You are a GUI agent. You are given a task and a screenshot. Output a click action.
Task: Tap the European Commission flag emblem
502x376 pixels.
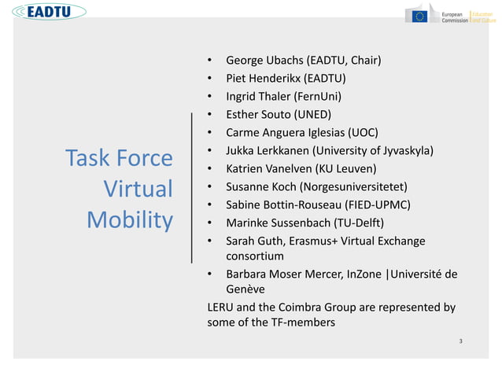(418, 16)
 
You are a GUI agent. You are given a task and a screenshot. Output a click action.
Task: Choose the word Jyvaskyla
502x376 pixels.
(404, 150)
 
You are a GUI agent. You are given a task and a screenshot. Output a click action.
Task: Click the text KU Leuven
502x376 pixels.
(343, 168)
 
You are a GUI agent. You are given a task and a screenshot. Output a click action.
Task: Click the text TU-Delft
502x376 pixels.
(358, 223)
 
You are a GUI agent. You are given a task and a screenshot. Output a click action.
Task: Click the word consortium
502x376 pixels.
(255, 256)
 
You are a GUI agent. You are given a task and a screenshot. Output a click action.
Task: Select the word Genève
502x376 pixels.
(248, 289)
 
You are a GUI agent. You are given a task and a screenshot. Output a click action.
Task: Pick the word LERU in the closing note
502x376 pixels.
(220, 307)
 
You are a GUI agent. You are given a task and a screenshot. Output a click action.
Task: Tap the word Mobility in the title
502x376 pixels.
(130, 219)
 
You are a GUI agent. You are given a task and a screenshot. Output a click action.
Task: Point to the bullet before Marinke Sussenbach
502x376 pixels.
(210, 223)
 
